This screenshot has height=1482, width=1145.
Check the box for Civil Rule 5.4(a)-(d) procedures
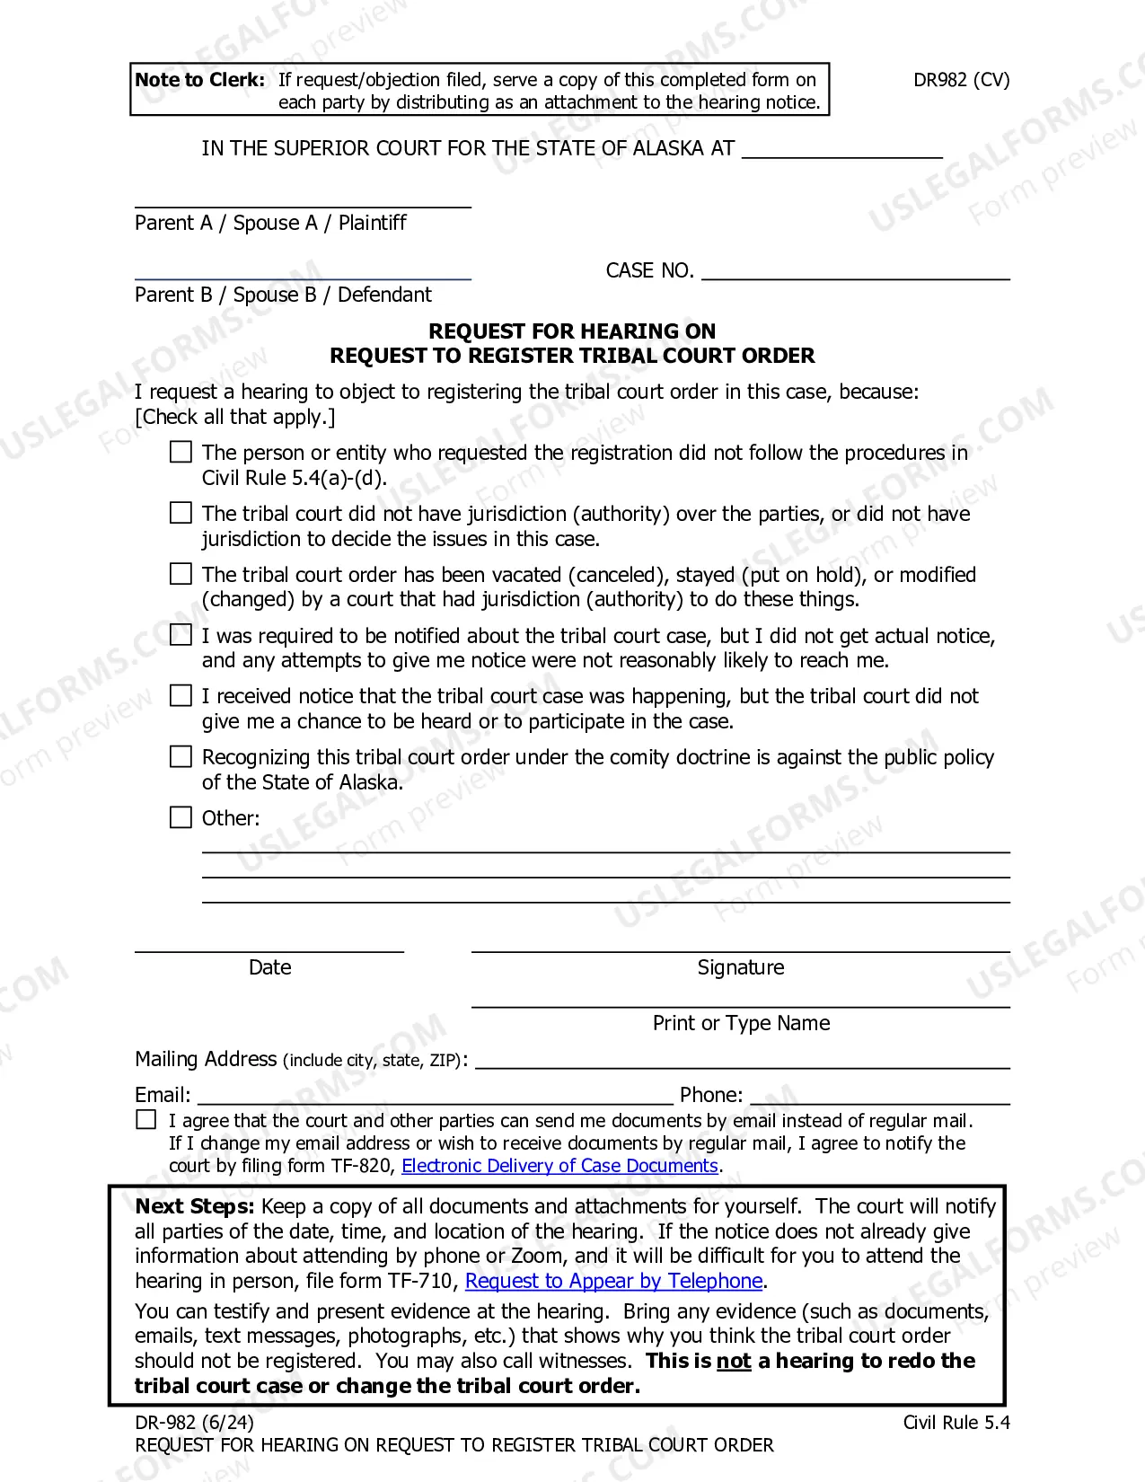(x=181, y=452)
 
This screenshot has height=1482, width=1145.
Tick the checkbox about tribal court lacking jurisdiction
(x=181, y=513)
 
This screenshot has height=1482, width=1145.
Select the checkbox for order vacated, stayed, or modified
(x=181, y=574)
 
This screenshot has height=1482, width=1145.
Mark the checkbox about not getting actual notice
(x=181, y=635)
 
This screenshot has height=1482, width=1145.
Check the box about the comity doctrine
(x=181, y=756)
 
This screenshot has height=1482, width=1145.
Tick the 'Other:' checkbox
(x=181, y=817)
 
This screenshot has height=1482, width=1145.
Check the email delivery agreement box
(x=145, y=1120)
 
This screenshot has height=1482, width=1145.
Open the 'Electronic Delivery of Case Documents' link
(x=559, y=1166)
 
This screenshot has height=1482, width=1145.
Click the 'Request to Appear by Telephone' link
(x=613, y=1281)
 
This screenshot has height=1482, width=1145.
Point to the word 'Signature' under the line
(x=741, y=967)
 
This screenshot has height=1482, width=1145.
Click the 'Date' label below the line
(x=269, y=967)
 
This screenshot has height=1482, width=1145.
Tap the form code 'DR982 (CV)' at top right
(x=961, y=80)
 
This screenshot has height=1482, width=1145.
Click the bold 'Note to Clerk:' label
(x=199, y=80)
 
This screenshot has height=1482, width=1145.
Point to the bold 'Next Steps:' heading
(x=194, y=1206)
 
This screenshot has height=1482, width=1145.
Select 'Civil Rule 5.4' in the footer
(x=956, y=1423)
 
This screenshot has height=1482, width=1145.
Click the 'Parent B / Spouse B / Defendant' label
(x=283, y=295)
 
